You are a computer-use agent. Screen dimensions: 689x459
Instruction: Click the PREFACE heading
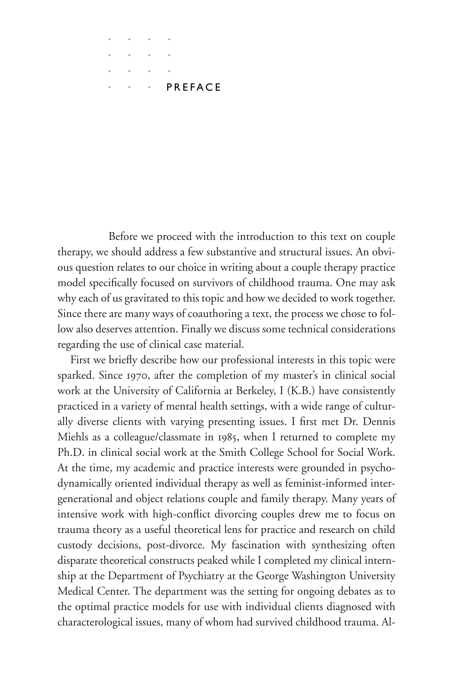point(193,87)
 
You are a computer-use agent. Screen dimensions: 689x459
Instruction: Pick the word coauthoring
point(214,314)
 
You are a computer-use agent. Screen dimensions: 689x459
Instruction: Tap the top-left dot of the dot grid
point(109,39)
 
